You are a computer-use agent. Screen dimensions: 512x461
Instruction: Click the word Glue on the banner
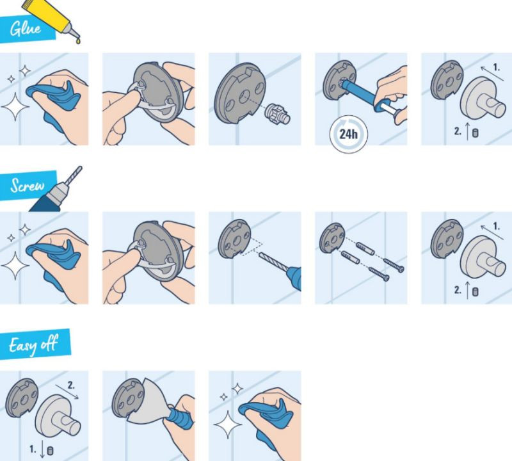point(26,28)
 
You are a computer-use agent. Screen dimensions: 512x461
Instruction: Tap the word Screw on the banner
point(27,185)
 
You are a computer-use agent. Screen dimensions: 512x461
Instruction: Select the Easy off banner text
point(33,345)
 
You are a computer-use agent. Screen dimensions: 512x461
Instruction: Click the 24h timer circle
point(348,134)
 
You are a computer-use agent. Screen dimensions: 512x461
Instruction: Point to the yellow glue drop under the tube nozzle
point(78,41)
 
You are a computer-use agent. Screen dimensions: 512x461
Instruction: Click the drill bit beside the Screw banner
point(74,175)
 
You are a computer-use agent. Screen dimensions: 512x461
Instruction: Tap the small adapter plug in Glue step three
point(277,113)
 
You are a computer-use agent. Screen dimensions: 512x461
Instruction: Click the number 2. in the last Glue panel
point(458,131)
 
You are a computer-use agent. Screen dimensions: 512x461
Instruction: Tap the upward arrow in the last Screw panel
point(467,290)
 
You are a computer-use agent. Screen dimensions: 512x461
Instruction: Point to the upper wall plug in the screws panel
point(365,248)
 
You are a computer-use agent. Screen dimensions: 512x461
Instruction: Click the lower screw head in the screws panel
point(386,279)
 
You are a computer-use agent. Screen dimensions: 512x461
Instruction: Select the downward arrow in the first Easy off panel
point(42,449)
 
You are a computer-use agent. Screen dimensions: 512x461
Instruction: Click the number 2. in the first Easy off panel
point(71,385)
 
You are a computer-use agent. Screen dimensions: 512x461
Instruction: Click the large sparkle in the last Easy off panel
point(228,425)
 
